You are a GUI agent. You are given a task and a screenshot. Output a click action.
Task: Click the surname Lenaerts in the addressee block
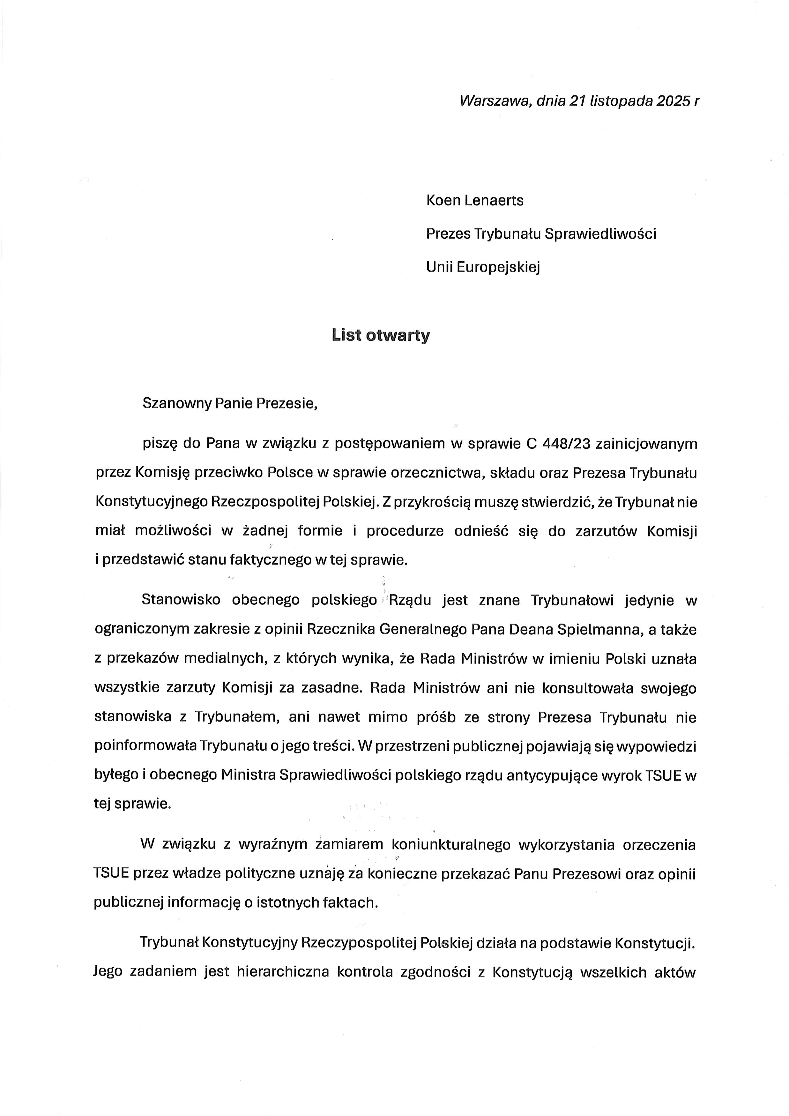click(x=494, y=201)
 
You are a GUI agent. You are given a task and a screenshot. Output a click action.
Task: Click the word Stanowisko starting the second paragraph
click(x=181, y=600)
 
